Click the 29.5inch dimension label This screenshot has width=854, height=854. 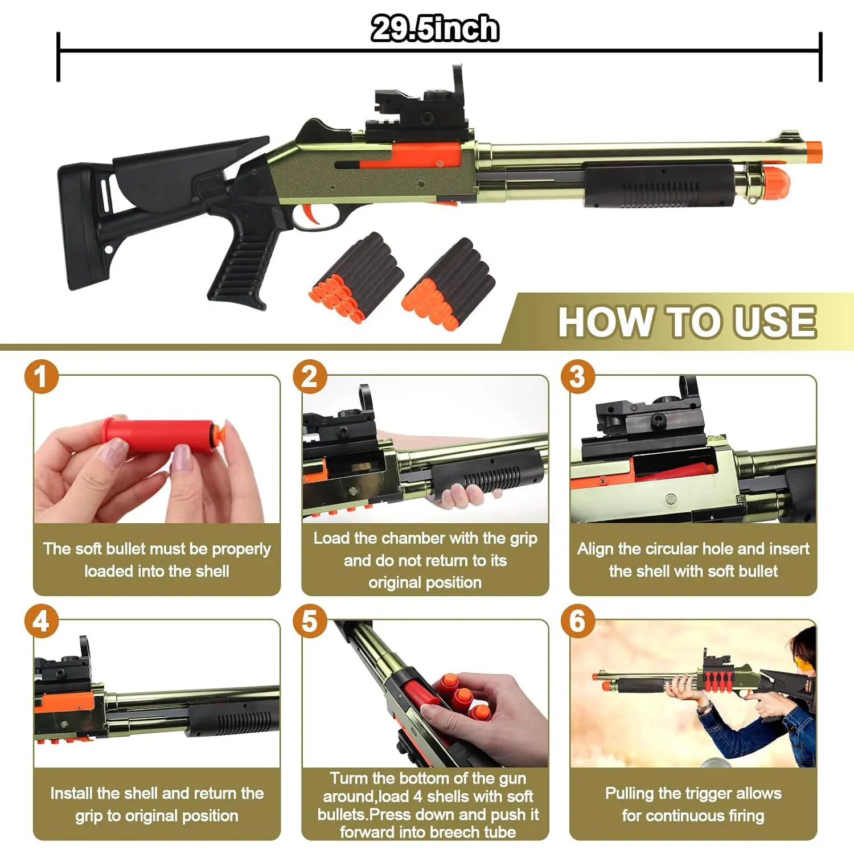[x=435, y=28]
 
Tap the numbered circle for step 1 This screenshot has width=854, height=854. [x=41, y=376]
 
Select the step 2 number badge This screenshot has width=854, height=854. [x=310, y=376]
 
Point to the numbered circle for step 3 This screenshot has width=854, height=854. [x=577, y=376]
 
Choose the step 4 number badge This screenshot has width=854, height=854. [x=41, y=621]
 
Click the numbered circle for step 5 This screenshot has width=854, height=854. [x=310, y=621]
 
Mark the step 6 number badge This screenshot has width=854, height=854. [x=577, y=621]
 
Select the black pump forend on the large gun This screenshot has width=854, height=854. [x=659, y=183]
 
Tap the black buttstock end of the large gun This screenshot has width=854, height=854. [x=80, y=225]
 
